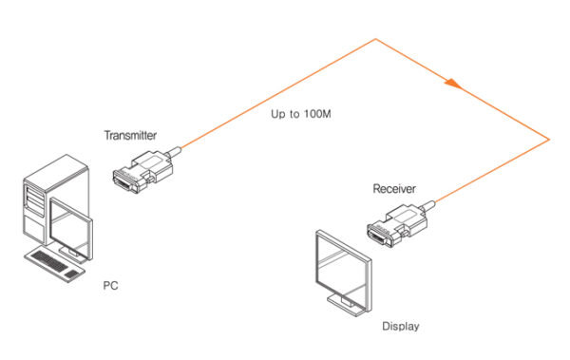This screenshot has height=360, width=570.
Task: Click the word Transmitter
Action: coord(130,136)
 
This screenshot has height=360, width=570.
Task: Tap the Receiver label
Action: coord(393,189)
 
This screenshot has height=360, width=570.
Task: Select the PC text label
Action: coord(110,284)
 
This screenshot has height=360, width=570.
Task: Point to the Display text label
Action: coord(400,327)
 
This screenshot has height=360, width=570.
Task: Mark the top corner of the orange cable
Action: coord(376,39)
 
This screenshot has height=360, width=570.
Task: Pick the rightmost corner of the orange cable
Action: coord(549,140)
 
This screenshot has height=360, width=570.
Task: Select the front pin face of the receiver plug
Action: coord(378,234)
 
